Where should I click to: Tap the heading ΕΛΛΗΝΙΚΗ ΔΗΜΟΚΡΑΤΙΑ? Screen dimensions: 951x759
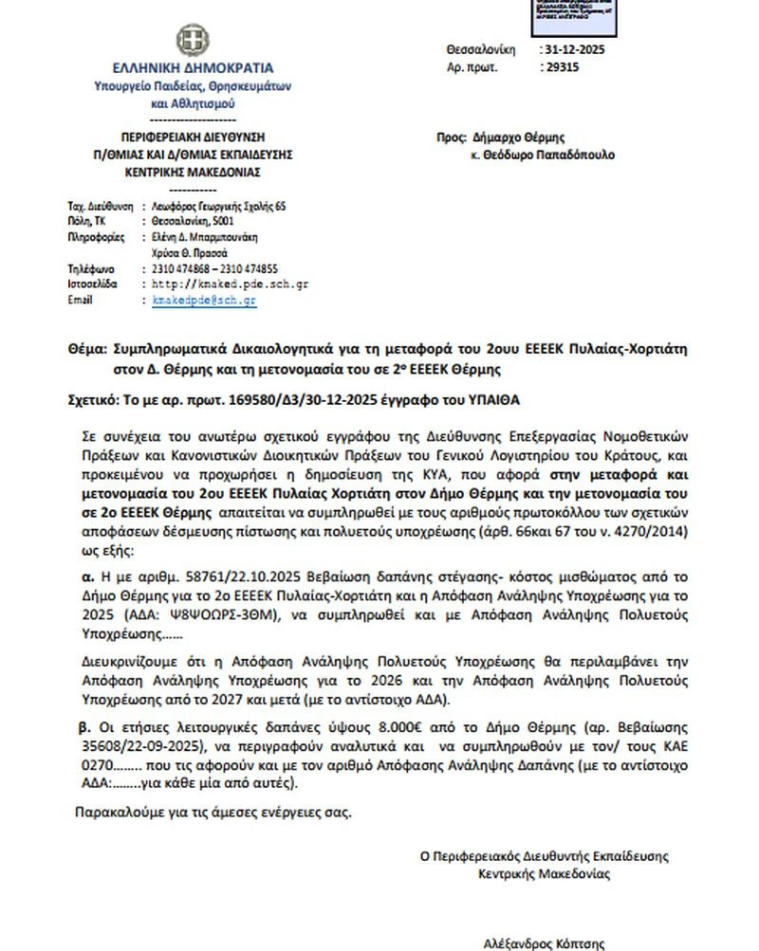193,68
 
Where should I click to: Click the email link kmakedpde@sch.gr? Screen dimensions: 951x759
205,300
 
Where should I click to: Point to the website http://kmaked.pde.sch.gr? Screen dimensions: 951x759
230,283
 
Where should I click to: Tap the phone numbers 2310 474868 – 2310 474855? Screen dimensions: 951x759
214,268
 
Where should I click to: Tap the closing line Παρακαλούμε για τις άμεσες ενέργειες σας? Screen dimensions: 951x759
213,813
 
